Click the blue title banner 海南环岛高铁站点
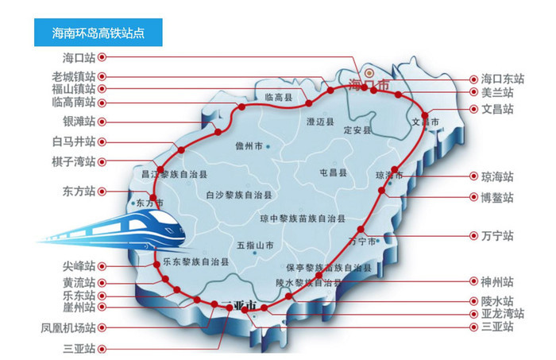pos(98,34)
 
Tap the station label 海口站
pos(79,58)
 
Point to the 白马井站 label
pos(74,141)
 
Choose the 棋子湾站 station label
pos(74,161)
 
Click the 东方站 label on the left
pos(79,192)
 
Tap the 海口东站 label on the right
pos(503,79)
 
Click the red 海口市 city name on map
pos(369,83)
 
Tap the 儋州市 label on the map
pos(249,146)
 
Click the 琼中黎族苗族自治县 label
pos(303,218)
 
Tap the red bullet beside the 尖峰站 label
pos(102,266)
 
